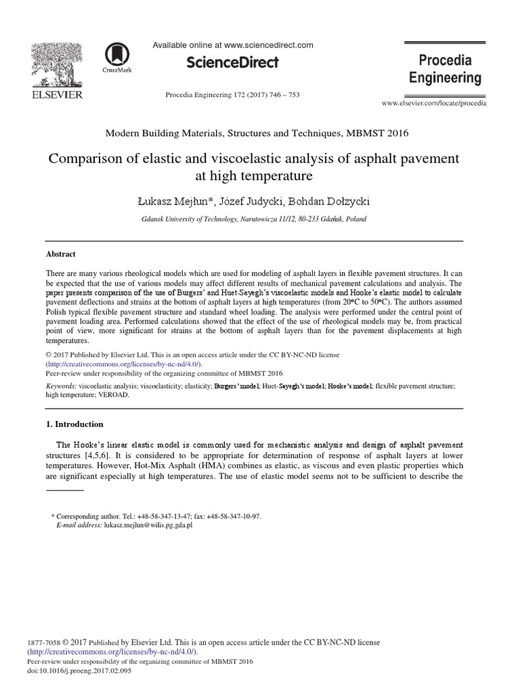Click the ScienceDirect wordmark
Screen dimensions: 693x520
pyautogui.click(x=232, y=63)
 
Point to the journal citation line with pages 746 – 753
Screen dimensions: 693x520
pyautogui.click(x=232, y=95)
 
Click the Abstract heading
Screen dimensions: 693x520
pyautogui.click(x=60, y=254)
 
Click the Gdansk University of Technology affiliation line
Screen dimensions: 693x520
pyautogui.click(x=255, y=220)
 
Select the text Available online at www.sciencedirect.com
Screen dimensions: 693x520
pyautogui.click(x=232, y=45)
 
